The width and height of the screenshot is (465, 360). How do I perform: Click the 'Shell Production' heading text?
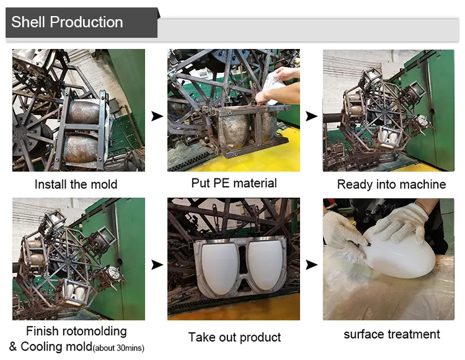coord(67,22)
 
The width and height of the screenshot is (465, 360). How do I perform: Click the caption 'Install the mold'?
coord(76,184)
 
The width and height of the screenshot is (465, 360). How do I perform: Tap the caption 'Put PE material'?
coord(234,183)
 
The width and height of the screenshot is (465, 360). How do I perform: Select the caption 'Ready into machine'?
coord(391,184)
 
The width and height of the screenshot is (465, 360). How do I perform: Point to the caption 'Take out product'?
coord(234,337)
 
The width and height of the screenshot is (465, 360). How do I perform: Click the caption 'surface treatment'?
coord(391,334)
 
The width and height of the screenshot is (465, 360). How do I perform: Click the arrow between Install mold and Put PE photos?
coord(157,116)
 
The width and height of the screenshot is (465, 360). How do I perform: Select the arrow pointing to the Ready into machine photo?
coord(312,116)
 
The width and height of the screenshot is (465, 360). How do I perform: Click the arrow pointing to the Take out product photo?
coord(157,265)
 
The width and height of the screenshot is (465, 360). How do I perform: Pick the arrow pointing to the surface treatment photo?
coord(312,265)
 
